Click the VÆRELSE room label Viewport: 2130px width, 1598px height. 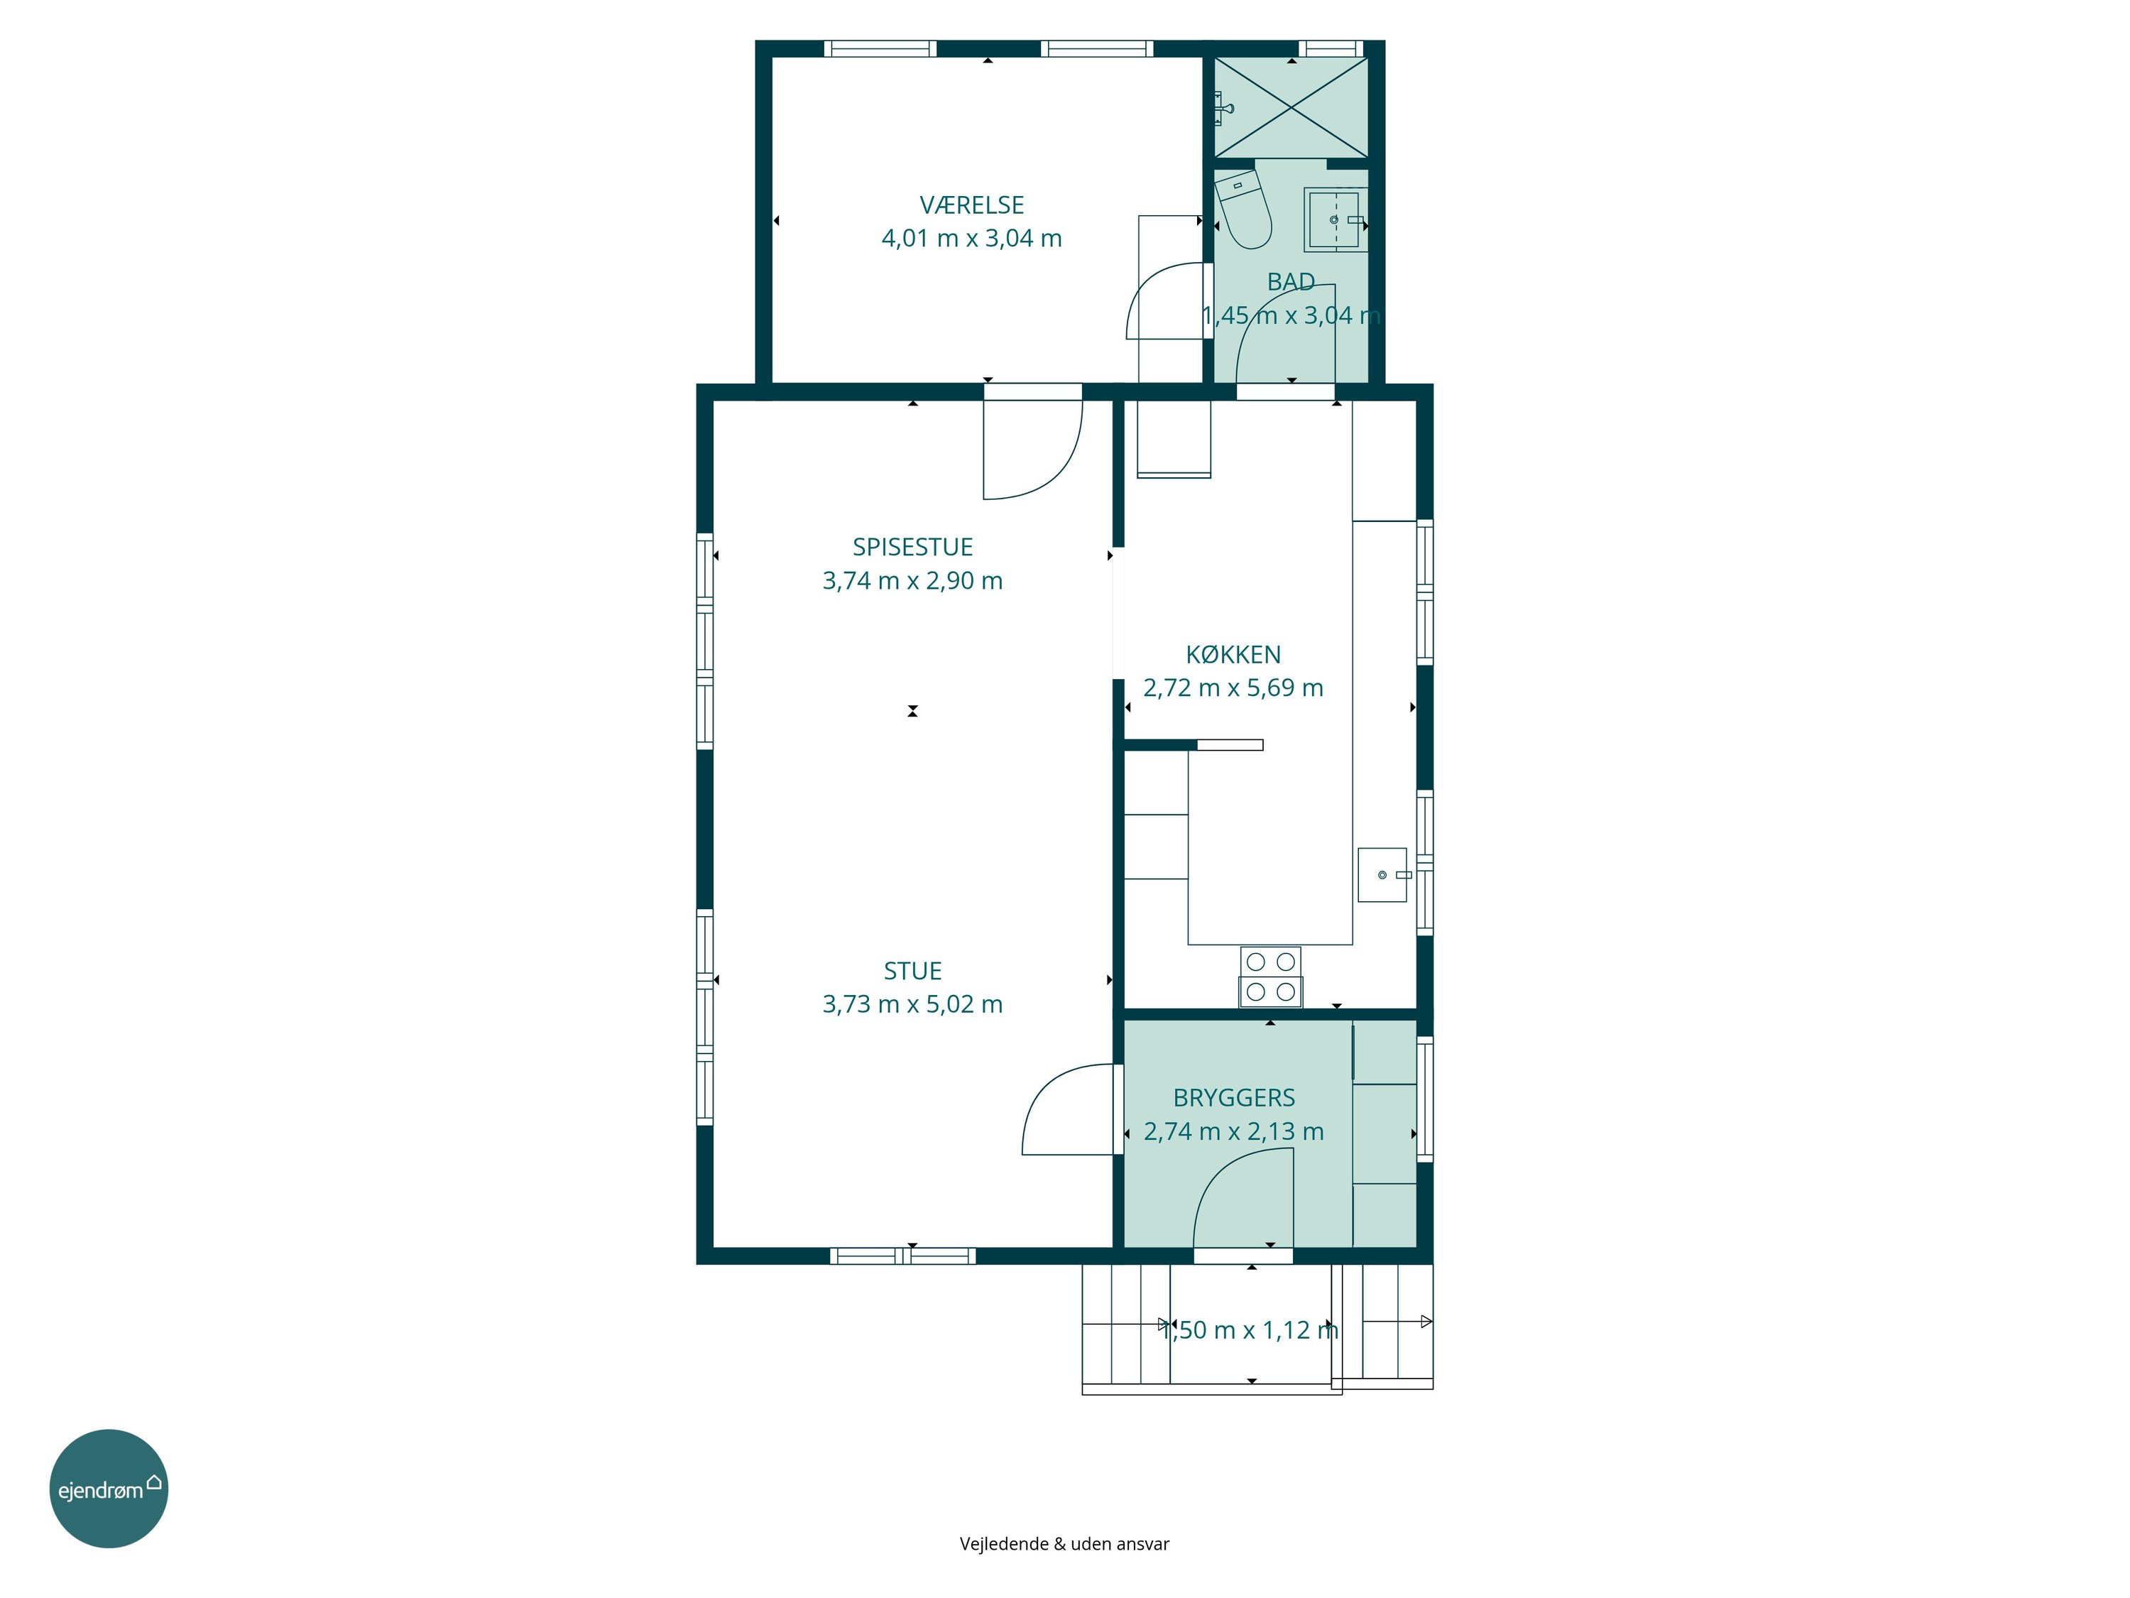click(971, 205)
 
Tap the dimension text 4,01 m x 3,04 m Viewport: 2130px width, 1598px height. click(971, 238)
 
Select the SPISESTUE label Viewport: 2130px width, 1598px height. click(913, 547)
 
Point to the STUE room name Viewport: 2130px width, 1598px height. click(913, 971)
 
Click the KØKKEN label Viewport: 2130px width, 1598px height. click(1233, 655)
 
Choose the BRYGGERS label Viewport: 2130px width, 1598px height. click(1233, 1098)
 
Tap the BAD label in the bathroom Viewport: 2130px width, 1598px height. click(1291, 282)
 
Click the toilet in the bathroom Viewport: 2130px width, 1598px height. click(1244, 209)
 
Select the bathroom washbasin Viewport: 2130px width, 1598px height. click(1336, 219)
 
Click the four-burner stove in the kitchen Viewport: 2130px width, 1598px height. click(1271, 977)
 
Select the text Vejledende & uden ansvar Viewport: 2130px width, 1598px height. click(1064, 1543)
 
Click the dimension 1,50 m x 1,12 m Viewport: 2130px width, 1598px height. click(1250, 1330)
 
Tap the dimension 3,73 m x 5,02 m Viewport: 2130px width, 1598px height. click(913, 1005)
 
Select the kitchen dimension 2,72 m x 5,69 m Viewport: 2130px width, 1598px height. click(1233, 687)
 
